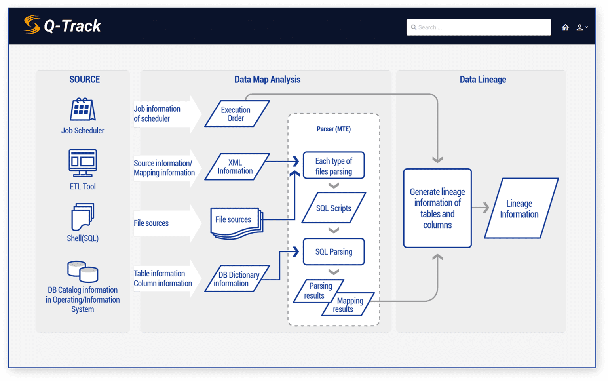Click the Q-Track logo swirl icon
pyautogui.click(x=32, y=25)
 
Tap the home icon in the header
pyautogui.click(x=565, y=27)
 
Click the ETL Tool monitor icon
pyautogui.click(x=83, y=163)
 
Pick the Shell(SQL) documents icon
pyautogui.click(x=83, y=216)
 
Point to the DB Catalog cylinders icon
pyautogui.click(x=83, y=271)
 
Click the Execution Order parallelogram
pyautogui.click(x=237, y=114)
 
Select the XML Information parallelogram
pyautogui.click(x=237, y=167)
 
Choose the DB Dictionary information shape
pyautogui.click(x=237, y=279)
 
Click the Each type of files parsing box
pyautogui.click(x=334, y=166)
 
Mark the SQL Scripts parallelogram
pyautogui.click(x=334, y=208)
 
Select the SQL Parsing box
pyautogui.click(x=334, y=252)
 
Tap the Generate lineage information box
pyautogui.click(x=437, y=208)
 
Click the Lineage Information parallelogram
pyautogui.click(x=520, y=209)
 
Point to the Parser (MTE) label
pyautogui.click(x=334, y=129)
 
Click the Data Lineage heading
pyautogui.click(x=483, y=80)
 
